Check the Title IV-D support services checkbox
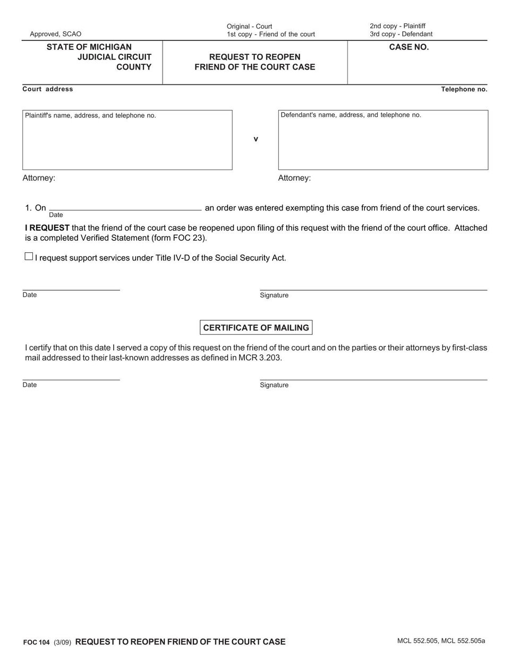click(x=29, y=257)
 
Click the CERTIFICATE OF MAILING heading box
click(x=256, y=327)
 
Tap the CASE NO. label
click(x=409, y=47)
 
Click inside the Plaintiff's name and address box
click(x=127, y=143)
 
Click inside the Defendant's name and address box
click(x=382, y=143)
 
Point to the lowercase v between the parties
click(x=256, y=139)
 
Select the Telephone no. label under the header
click(x=464, y=89)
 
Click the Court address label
click(x=48, y=89)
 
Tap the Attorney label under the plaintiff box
click(x=39, y=178)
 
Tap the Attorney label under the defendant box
click(x=294, y=178)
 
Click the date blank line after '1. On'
click(x=125, y=207)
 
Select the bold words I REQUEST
click(x=47, y=228)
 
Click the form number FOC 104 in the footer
click(x=37, y=642)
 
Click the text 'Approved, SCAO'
click(x=56, y=34)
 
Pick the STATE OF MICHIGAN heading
click(x=89, y=47)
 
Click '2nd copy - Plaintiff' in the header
click(x=397, y=26)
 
